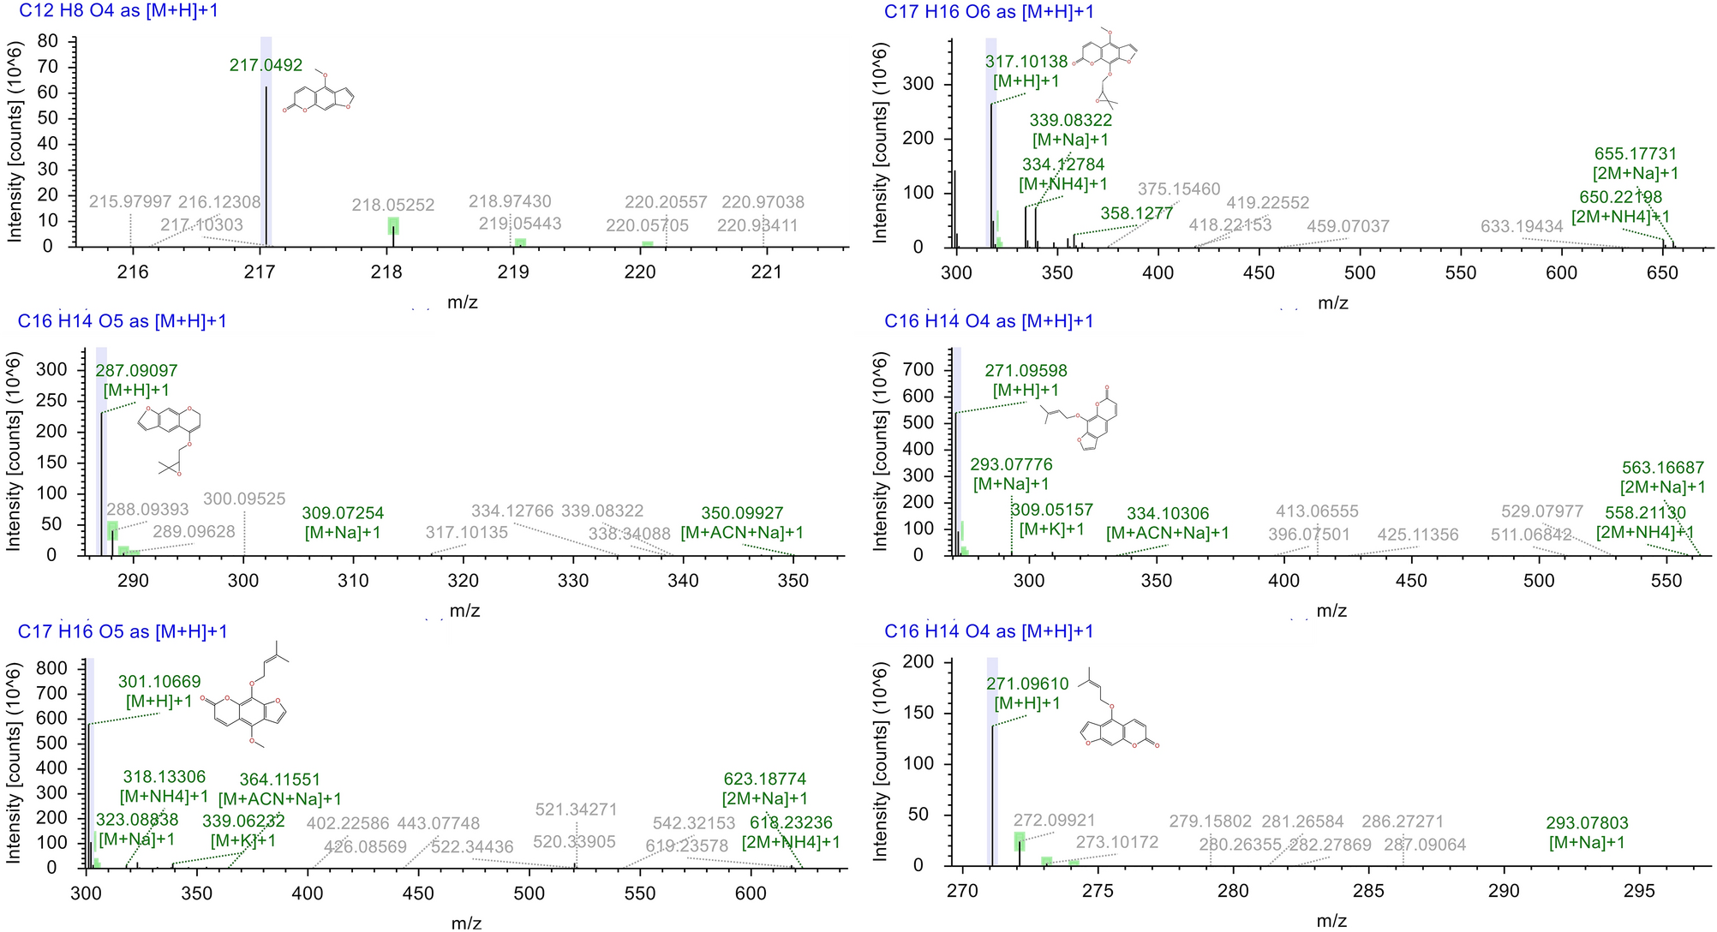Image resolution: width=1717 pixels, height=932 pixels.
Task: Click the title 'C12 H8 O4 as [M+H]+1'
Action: coord(118,11)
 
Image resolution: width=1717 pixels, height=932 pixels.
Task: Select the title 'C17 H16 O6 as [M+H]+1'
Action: coord(989,11)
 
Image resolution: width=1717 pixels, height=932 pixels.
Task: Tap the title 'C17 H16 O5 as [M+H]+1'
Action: coord(123,631)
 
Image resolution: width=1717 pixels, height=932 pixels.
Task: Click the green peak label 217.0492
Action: coord(266,65)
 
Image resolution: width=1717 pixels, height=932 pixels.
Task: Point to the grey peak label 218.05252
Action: coord(393,206)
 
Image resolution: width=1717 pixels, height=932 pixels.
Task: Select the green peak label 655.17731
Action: coord(1636,154)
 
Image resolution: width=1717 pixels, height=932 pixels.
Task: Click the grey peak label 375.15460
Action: coord(1179,189)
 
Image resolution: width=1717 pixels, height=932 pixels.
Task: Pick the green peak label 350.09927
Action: coord(742,513)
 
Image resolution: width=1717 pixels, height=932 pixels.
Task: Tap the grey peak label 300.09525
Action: coord(244,499)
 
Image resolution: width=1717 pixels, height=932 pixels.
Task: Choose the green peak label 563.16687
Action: coord(1663,468)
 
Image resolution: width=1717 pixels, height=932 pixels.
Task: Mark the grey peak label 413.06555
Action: coord(1317,511)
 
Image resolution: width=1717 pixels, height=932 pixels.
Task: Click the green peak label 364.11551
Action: coord(279,780)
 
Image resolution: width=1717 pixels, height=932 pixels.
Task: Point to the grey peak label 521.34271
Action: coord(576,810)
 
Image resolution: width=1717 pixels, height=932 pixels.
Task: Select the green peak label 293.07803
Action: coord(1587,823)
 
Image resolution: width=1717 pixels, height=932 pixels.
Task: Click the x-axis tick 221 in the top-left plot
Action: coord(766,272)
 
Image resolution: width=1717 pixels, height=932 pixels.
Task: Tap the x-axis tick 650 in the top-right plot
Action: coord(1662,272)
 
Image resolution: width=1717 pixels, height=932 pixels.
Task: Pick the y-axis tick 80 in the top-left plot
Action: coord(48,41)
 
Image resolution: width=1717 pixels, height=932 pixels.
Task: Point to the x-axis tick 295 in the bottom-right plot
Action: coord(1639,891)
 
